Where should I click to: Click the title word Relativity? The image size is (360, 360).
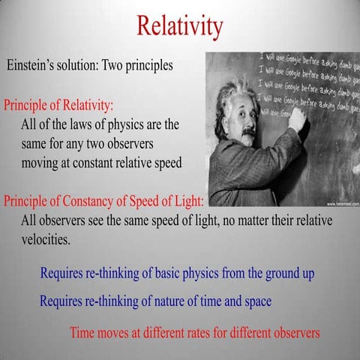pos(180,26)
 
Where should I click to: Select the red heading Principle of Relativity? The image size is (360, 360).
pos(58,104)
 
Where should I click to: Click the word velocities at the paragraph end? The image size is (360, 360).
pos(46,241)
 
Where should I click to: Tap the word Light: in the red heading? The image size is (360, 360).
pos(188,202)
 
